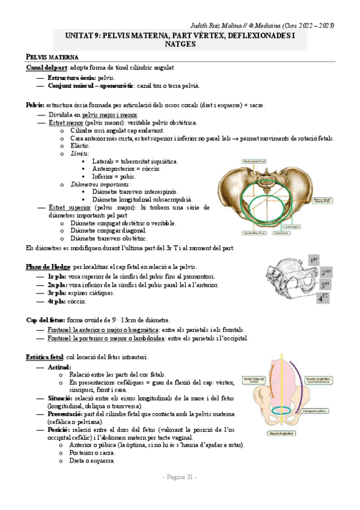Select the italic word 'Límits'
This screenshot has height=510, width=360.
coord(79,153)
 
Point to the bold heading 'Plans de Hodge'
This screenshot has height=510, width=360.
coord(49,266)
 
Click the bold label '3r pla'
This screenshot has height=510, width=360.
coord(58,293)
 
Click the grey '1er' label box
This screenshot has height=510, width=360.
coord(314,260)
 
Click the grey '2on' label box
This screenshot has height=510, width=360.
coord(325,272)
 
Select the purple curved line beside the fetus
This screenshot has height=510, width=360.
coord(296,385)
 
